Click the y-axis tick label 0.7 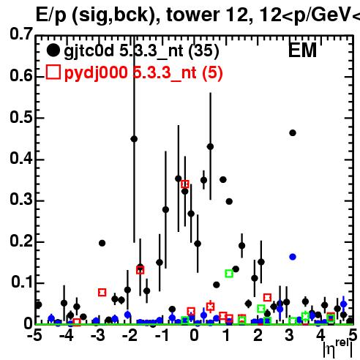coord(21,34)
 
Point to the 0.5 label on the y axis coord(21,117)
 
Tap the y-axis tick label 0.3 coord(21,199)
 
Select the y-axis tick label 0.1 coord(22,282)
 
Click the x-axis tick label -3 coord(98,335)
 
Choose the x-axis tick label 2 coord(258,335)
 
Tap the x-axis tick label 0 coord(194,335)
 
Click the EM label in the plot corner coord(302,50)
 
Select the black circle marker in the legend coord(53,50)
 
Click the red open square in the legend coord(53,72)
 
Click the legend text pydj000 coord(96,73)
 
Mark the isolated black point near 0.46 coord(293,133)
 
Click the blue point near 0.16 coord(293,257)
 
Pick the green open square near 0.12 coord(229,274)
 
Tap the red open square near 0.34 coord(185,184)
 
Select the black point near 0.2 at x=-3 coord(102,243)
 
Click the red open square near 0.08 coord(102,292)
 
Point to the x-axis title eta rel coord(338,349)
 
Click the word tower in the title coord(192,15)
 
